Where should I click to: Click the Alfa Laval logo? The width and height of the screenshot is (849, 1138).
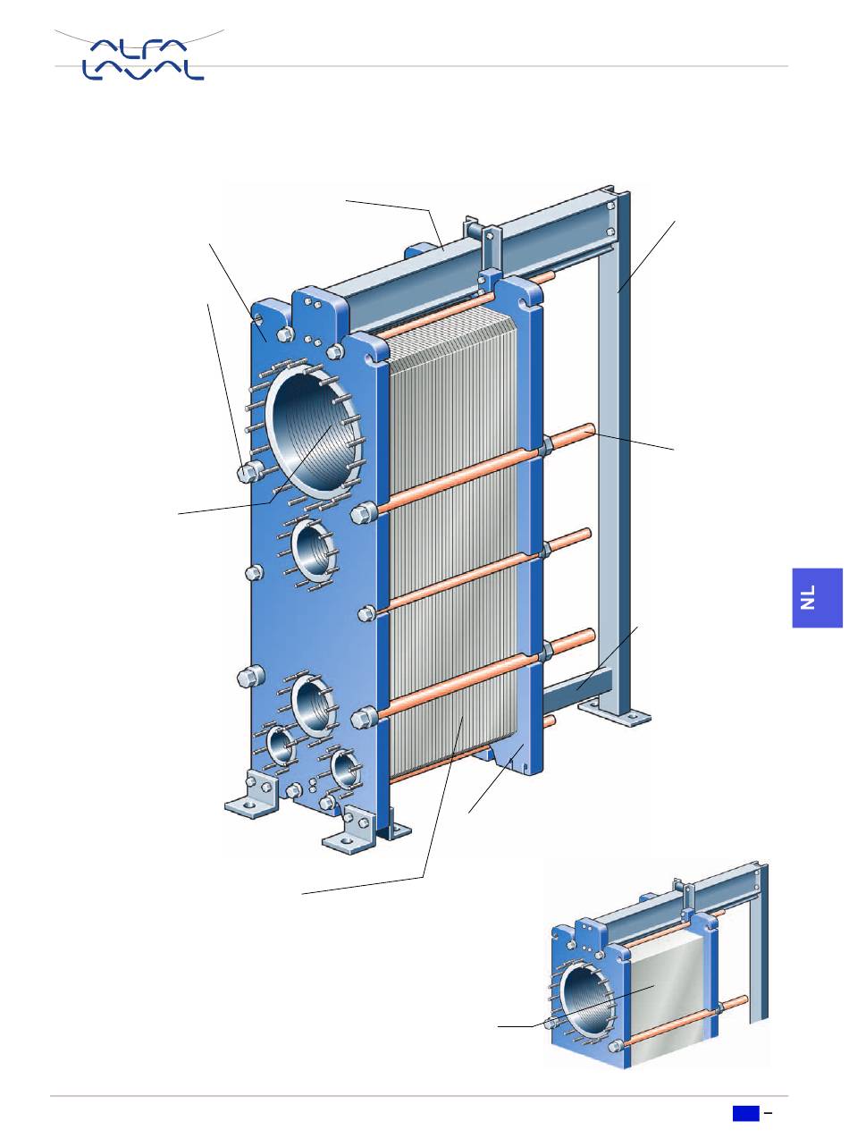[142, 59]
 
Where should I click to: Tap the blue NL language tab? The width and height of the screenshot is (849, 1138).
[818, 598]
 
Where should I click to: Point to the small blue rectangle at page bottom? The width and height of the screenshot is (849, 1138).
[746, 1114]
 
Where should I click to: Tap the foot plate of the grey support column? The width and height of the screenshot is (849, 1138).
[615, 714]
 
